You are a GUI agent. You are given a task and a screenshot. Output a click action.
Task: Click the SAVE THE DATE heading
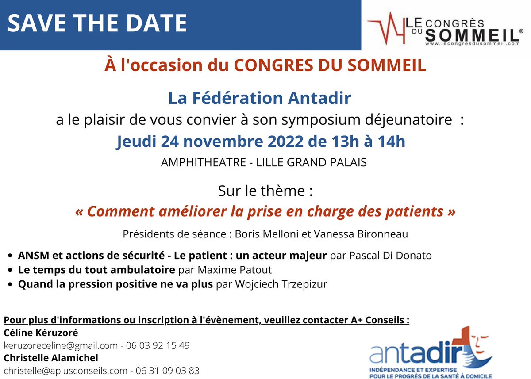[x=97, y=23]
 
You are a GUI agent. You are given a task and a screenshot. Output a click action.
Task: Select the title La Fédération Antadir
[x=260, y=98]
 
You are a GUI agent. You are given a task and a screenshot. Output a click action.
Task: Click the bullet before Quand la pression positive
[x=10, y=284]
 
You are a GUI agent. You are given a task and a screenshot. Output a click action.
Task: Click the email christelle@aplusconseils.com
[x=65, y=371]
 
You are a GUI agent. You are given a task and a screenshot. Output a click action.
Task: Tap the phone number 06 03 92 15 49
[x=158, y=345]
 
